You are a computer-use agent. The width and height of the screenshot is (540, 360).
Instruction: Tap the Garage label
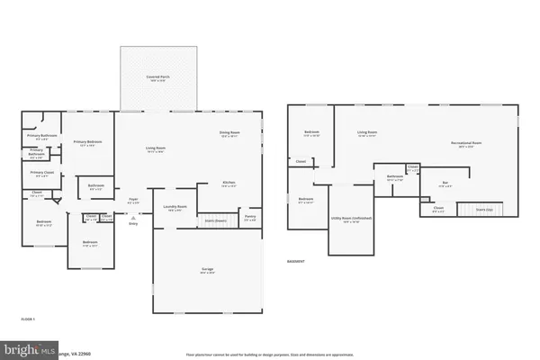[206, 269]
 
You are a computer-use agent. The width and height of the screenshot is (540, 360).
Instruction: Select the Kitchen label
[229, 184]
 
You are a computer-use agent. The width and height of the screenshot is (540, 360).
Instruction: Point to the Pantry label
[250, 216]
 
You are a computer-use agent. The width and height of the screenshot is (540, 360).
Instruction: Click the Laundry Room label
[175, 207]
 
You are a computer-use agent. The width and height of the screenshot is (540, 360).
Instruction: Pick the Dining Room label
[229, 133]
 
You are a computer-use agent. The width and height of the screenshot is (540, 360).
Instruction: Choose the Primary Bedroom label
[87, 142]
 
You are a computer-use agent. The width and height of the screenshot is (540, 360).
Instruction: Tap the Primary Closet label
[42, 173]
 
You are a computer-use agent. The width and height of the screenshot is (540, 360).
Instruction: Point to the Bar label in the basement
[445, 183]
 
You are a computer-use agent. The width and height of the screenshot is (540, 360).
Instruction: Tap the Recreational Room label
[466, 142]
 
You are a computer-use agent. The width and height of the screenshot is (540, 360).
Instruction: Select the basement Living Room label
[366, 133]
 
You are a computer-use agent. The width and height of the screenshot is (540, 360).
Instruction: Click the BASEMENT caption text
[296, 262]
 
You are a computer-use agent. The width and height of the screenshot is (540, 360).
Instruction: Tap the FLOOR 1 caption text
[28, 319]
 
